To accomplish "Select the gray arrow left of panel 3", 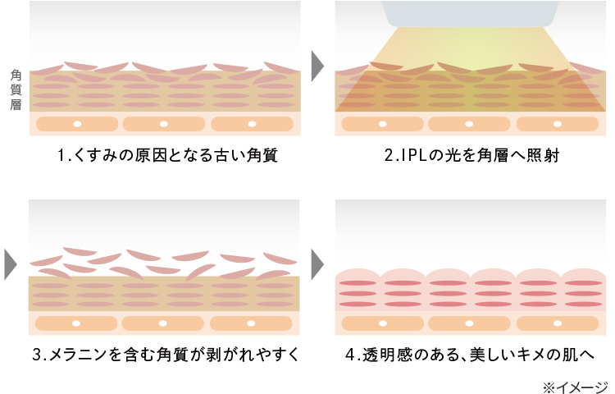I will pos(10,263).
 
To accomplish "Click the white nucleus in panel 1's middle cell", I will pos(164,124).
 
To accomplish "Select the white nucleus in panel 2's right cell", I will pos(558,124).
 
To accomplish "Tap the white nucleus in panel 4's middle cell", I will pos(471,323).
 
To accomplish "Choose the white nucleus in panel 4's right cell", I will pos(558,323).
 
